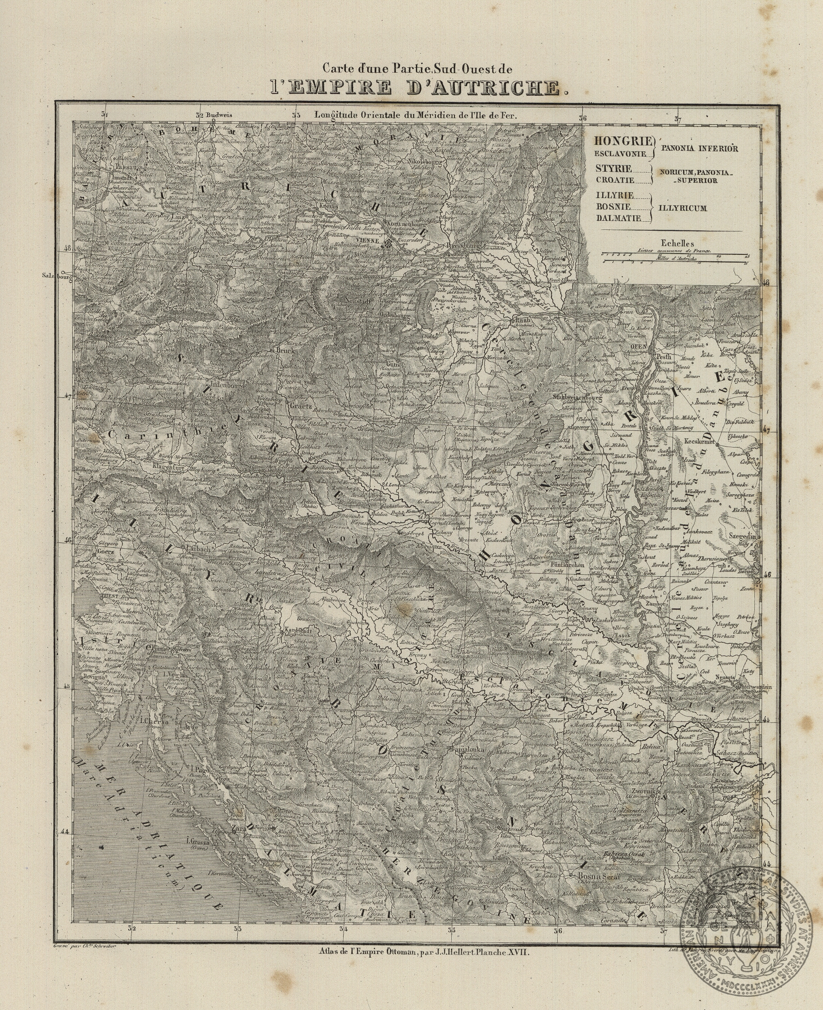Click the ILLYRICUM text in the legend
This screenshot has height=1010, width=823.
point(682,208)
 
